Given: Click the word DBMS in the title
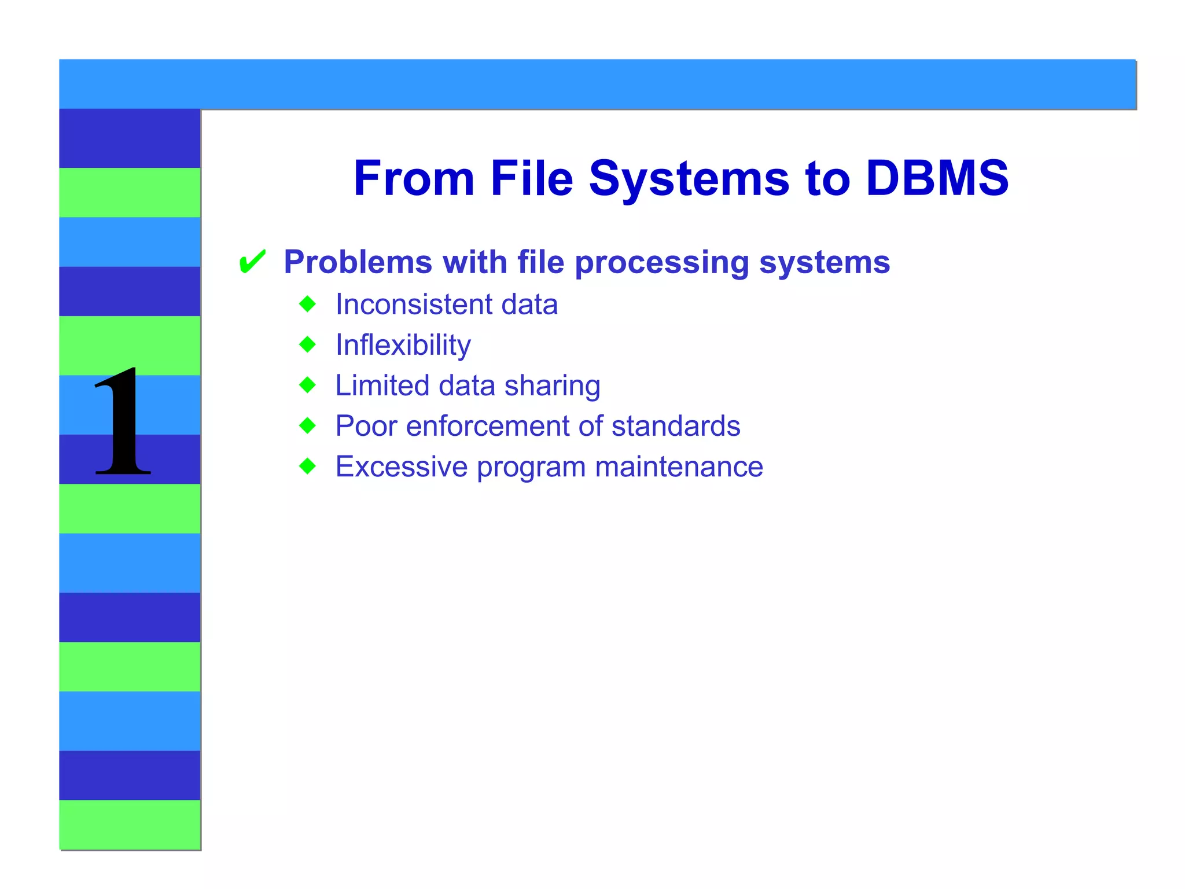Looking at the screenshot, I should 937,178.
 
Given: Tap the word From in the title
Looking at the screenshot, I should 414,178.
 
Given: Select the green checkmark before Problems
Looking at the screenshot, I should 252,262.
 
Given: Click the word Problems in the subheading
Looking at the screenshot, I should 358,262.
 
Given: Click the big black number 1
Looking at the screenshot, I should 123,423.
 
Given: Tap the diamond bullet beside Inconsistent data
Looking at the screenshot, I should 308,304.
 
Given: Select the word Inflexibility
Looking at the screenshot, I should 403,346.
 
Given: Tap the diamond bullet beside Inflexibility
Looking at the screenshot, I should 308,344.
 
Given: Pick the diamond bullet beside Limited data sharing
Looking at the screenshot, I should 308,385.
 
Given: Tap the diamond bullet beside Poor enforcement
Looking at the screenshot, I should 308,426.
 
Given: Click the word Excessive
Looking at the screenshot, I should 402,466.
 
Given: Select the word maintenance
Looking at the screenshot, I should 679,466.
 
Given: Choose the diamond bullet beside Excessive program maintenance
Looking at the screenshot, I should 308,466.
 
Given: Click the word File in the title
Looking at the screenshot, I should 531,178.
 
